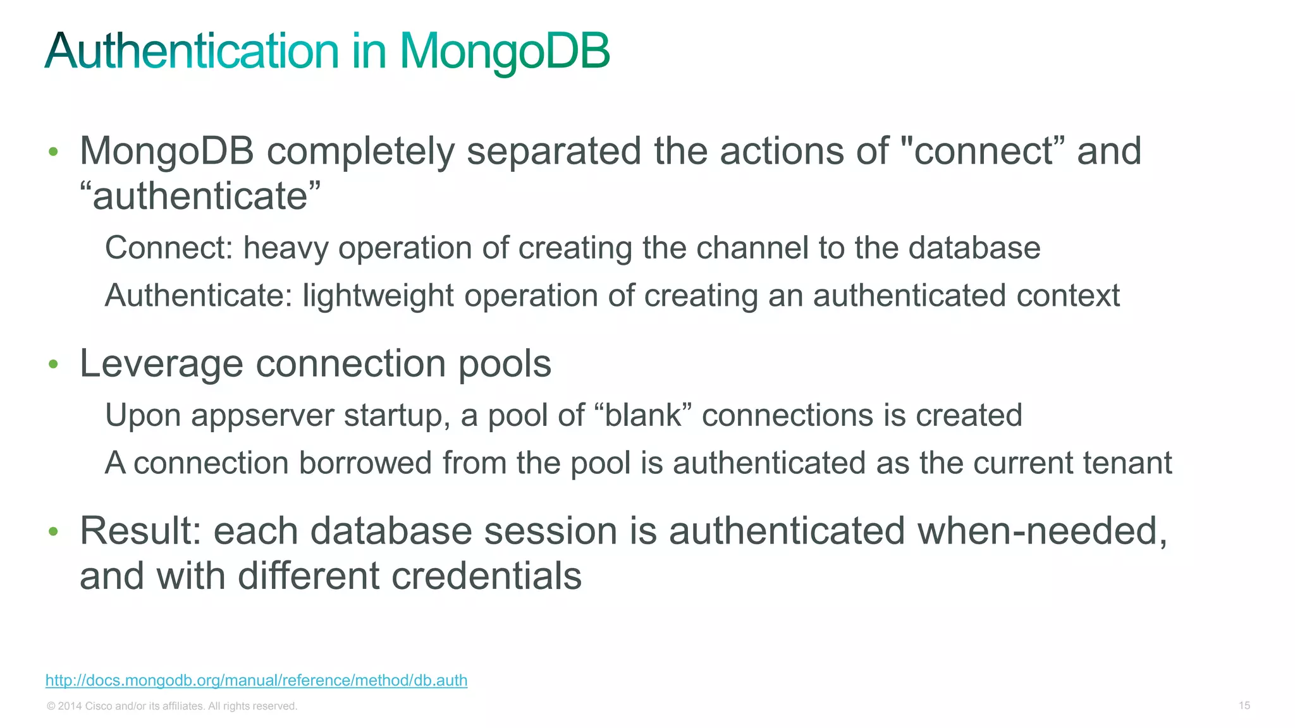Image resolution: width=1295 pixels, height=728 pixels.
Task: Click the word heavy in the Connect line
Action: [286, 248]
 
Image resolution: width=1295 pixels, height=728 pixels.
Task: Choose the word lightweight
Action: [378, 296]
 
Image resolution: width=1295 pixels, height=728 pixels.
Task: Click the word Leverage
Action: [161, 363]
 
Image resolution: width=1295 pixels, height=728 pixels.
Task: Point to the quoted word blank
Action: [643, 415]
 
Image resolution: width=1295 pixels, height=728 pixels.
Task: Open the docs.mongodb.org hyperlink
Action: [256, 681]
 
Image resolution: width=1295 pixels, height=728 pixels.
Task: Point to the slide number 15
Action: [1244, 705]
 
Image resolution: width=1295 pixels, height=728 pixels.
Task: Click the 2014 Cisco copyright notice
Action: [172, 706]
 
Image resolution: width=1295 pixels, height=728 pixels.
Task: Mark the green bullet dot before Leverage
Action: [54, 364]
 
